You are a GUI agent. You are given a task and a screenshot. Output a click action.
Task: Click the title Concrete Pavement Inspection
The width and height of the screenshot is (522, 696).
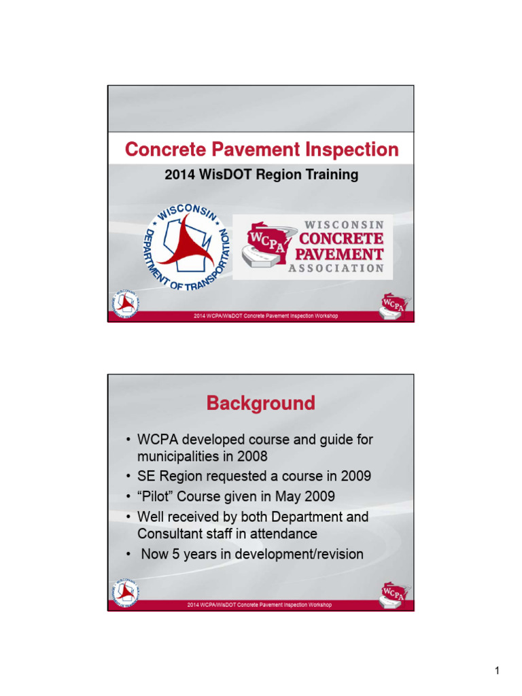261,150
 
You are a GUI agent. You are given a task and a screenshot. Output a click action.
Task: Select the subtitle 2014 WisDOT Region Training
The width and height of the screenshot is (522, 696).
261,175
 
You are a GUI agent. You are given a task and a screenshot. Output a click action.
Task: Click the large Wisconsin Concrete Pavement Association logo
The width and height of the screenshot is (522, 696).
312,247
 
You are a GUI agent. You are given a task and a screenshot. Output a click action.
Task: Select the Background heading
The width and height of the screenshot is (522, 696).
261,404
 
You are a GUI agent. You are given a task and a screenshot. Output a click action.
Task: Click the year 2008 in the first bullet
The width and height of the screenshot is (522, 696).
255,456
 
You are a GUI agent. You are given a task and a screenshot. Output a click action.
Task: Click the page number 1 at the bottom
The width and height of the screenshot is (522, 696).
497,672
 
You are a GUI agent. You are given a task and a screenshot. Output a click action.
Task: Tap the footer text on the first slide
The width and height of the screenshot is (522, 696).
266,316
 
